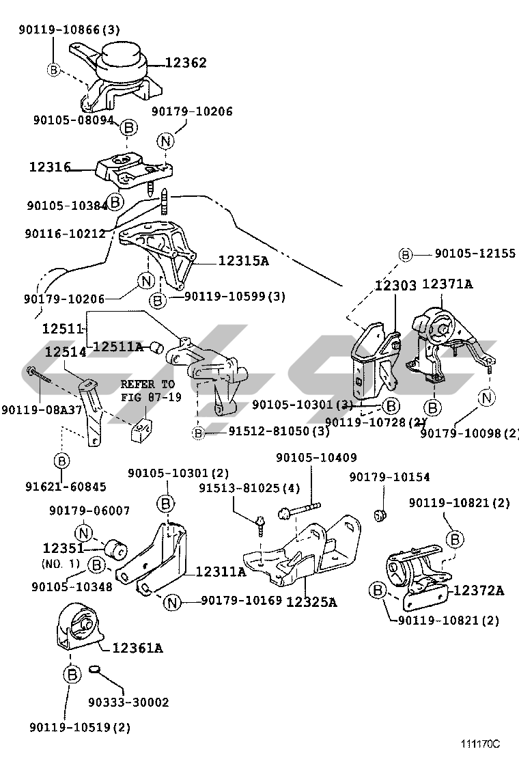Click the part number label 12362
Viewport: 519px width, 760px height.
(x=185, y=63)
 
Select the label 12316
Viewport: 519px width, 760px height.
(x=50, y=166)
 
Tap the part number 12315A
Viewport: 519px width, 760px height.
(x=243, y=260)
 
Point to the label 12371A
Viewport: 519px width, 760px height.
(x=447, y=284)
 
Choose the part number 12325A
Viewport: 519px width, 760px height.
(x=311, y=602)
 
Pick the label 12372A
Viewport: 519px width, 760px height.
(x=479, y=590)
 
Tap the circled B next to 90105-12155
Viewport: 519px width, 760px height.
(x=406, y=254)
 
